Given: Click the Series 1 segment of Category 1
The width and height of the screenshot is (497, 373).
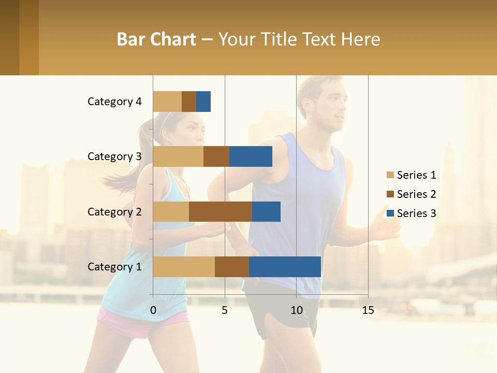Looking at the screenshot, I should click(184, 267).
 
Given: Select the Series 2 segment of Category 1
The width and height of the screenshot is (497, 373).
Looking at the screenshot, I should click(232, 267).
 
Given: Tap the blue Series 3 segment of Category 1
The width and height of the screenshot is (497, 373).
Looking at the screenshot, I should click(285, 267).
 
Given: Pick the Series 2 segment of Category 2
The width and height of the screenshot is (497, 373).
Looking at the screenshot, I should click(221, 211).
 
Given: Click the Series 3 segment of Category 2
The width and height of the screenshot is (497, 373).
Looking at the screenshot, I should click(266, 211).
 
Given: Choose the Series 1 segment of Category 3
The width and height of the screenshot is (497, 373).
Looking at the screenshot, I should click(178, 156).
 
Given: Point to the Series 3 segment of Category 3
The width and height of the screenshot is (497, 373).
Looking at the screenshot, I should click(251, 156).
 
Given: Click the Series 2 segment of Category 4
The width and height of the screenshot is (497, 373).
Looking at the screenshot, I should click(189, 102).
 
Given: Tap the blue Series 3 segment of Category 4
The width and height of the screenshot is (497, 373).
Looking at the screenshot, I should click(203, 102).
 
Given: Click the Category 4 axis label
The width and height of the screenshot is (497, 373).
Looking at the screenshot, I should click(114, 102).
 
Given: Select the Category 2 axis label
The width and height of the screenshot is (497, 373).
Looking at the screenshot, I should click(114, 211).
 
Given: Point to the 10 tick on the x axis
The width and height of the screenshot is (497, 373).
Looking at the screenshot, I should click(296, 310).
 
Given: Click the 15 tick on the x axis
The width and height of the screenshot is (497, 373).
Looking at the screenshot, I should click(368, 310).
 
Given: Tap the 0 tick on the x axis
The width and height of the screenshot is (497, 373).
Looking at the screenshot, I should click(153, 310).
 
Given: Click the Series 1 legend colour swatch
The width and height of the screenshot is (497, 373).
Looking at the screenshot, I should click(390, 175).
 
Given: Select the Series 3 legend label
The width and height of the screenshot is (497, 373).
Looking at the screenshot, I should click(416, 213).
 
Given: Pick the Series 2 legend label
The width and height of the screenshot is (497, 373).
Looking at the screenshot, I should click(416, 194).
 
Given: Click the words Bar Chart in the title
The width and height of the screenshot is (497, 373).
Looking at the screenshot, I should click(156, 39).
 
